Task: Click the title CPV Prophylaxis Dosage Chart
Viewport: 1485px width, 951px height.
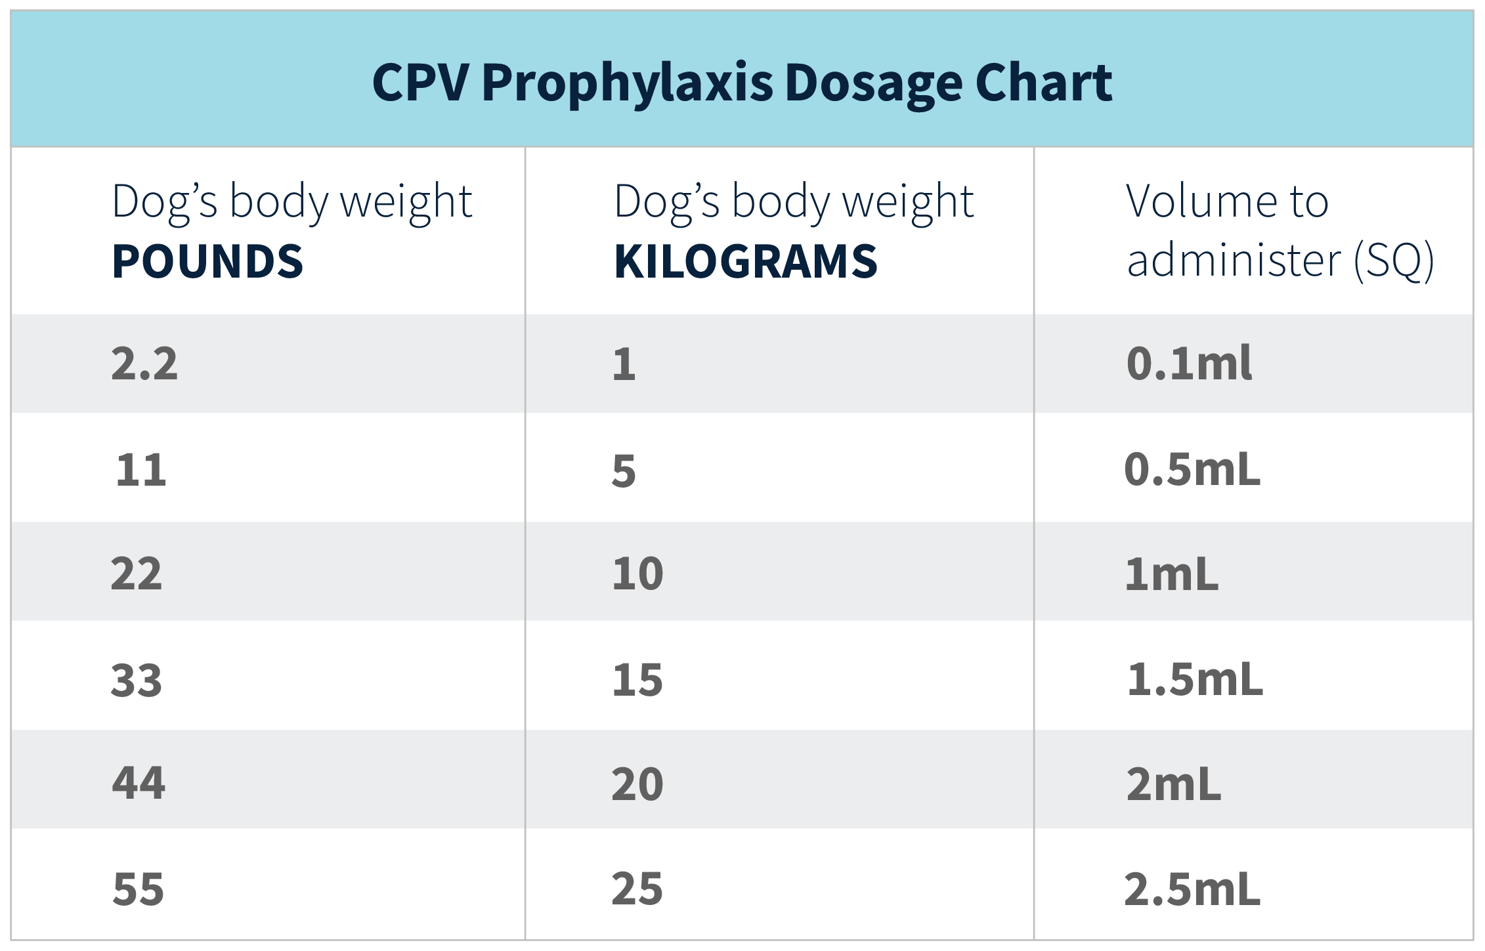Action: click(742, 83)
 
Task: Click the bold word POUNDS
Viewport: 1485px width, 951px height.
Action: click(207, 261)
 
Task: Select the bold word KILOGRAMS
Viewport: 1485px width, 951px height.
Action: click(745, 261)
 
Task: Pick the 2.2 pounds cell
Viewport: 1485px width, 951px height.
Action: click(144, 364)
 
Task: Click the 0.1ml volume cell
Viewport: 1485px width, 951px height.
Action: click(1189, 364)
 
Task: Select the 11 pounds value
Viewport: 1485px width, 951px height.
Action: click(141, 470)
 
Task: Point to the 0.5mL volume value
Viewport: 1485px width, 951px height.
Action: click(1192, 470)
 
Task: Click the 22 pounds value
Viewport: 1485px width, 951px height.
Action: click(137, 574)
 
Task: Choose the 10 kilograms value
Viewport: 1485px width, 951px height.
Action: click(637, 574)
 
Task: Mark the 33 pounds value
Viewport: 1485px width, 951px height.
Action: click(137, 680)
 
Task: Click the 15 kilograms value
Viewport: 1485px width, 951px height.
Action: click(637, 680)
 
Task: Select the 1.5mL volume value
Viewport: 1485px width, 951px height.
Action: click(1195, 680)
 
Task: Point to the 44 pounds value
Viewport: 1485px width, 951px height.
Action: click(139, 784)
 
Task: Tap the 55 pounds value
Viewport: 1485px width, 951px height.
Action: click(139, 890)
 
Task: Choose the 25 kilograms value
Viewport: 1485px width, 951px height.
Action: click(637, 890)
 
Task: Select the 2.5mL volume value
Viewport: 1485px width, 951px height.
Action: click(1192, 890)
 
